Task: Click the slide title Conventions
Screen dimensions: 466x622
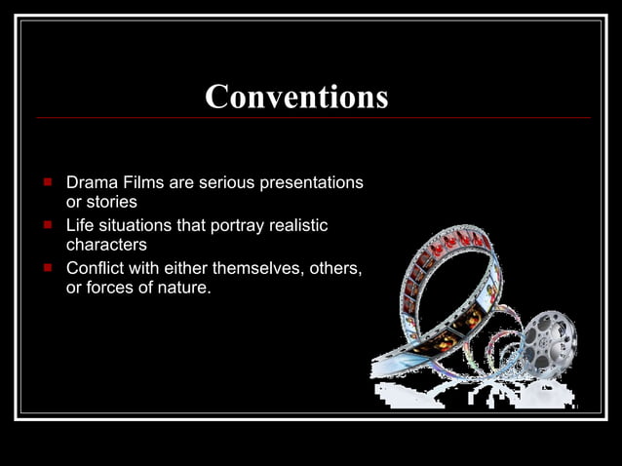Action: coord(296,97)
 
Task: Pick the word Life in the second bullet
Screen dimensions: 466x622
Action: coord(79,226)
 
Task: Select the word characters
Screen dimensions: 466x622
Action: coord(105,245)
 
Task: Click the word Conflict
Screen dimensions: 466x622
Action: coord(94,269)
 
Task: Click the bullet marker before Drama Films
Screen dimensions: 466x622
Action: coord(46,182)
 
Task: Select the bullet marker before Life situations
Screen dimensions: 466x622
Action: coord(46,225)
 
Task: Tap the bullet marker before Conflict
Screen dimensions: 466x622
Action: coord(46,268)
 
